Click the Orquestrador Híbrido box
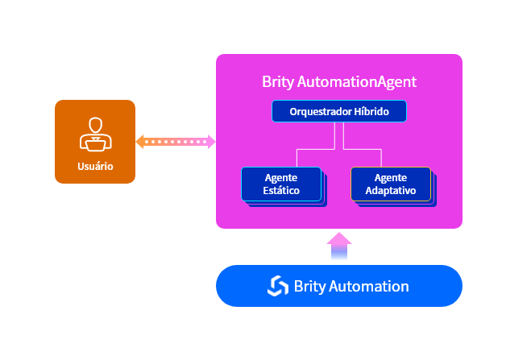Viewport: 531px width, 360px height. (339, 111)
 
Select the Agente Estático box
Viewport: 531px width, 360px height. (281, 184)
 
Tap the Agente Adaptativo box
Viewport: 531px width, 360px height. (391, 184)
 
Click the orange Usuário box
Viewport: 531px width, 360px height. (95, 142)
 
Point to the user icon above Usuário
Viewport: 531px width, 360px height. (95, 134)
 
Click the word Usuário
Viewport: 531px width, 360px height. (95, 167)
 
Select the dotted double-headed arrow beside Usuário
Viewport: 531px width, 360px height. (176, 142)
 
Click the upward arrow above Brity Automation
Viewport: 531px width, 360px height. (339, 246)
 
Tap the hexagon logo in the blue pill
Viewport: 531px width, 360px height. (278, 286)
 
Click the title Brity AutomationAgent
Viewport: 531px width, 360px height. (339, 81)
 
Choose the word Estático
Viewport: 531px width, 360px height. (281, 191)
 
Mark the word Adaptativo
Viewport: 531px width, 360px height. (391, 191)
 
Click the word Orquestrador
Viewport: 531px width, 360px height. (321, 111)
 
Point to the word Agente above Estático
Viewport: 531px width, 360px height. (281, 177)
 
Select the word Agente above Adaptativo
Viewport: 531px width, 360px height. (391, 177)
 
